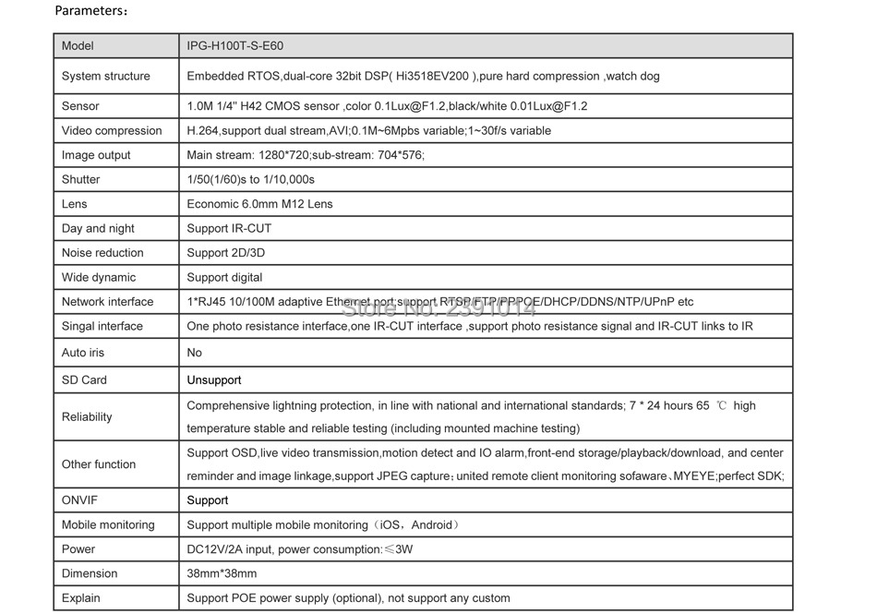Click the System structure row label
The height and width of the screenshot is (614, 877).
[x=105, y=76]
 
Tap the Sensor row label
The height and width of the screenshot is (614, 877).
[x=80, y=106]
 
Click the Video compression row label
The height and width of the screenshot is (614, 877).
[x=111, y=130]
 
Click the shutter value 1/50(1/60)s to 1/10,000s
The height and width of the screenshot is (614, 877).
[x=250, y=179]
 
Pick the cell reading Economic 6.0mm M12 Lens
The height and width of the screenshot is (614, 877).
[x=259, y=203]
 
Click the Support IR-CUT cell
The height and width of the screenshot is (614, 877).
[x=229, y=228]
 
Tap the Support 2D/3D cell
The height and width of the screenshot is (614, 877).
[x=225, y=252]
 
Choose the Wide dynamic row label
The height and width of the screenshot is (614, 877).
[x=98, y=277]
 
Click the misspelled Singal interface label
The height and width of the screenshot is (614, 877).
[x=102, y=326]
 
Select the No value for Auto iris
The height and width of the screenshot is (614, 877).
[x=194, y=352]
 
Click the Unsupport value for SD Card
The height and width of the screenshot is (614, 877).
[x=213, y=379]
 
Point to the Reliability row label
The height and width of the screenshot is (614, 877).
[x=87, y=416]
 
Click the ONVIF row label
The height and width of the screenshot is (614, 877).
[x=78, y=500]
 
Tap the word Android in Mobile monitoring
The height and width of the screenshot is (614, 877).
[x=431, y=524]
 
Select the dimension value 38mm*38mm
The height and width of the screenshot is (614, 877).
[x=222, y=573]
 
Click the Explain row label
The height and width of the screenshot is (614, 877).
[x=81, y=597]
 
